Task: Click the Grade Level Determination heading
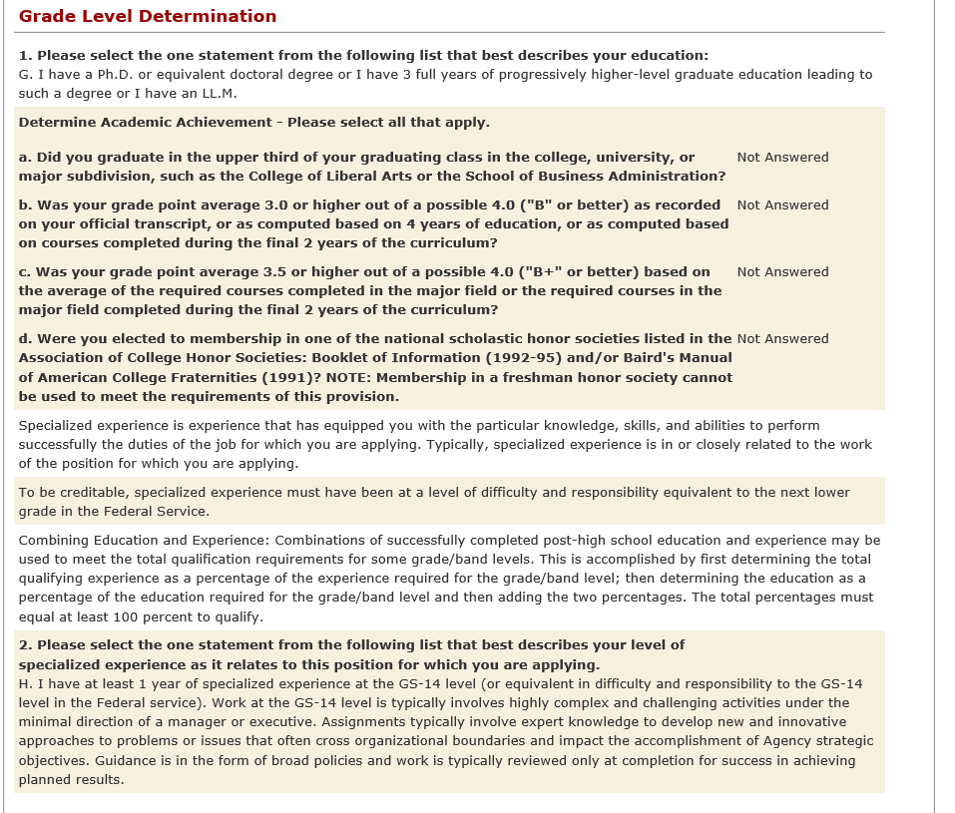click(x=148, y=16)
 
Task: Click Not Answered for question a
click(x=782, y=157)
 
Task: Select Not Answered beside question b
click(x=782, y=204)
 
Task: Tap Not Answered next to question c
click(x=782, y=271)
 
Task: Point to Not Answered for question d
click(x=782, y=338)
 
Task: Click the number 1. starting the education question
click(x=26, y=55)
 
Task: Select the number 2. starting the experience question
click(x=26, y=644)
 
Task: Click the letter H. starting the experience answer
click(x=25, y=683)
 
